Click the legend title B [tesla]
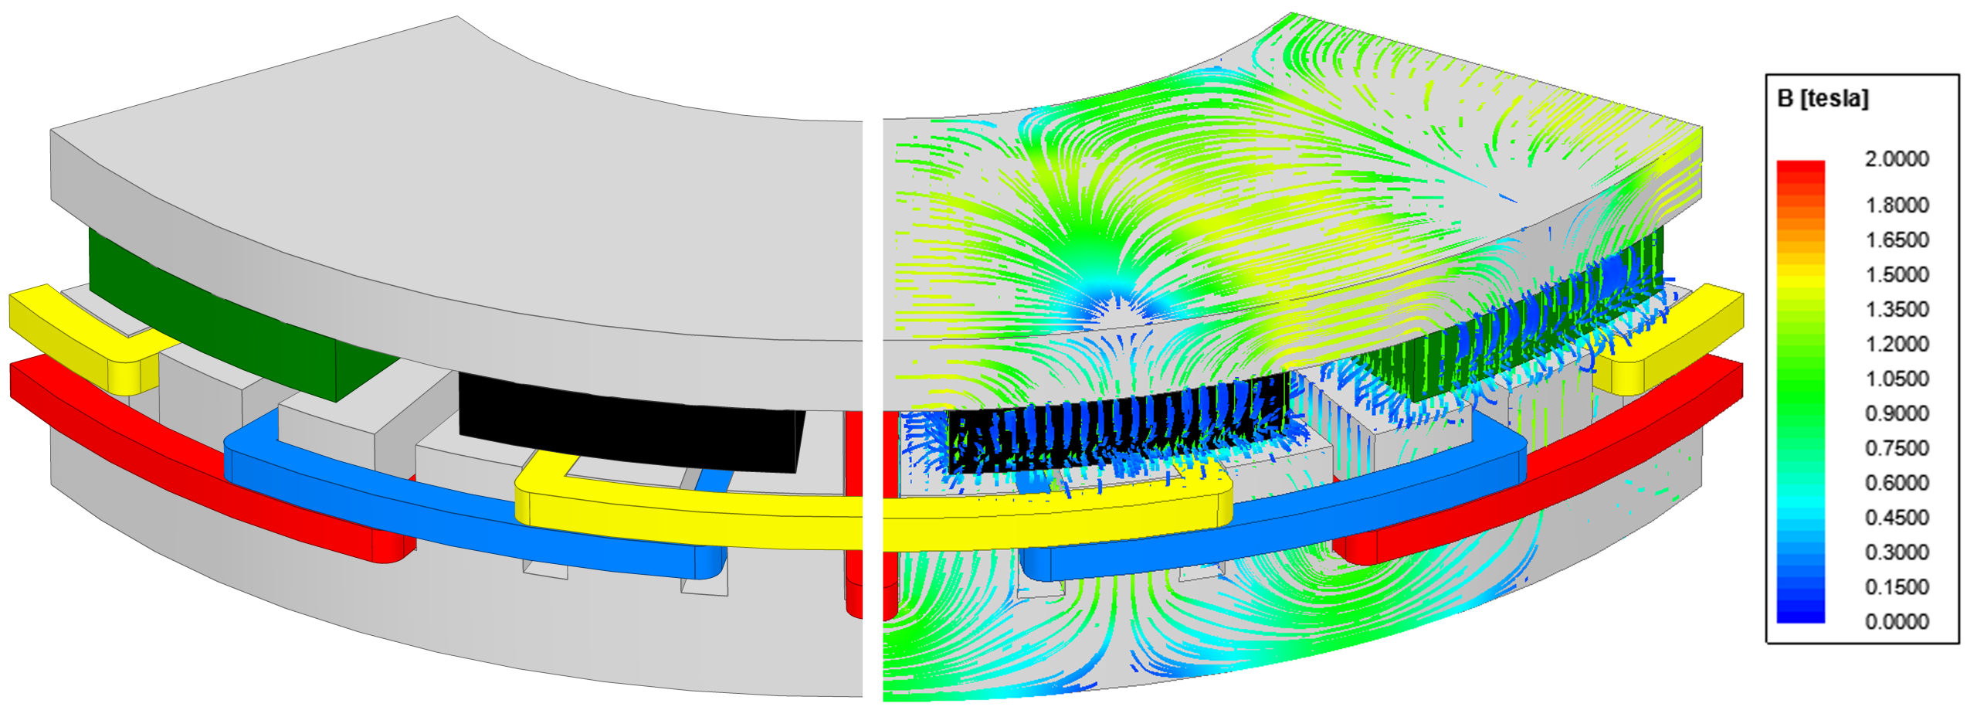(x=1823, y=99)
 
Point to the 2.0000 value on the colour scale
(x=1897, y=159)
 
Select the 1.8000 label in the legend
(x=1897, y=205)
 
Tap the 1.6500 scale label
(x=1897, y=240)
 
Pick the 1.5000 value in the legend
(x=1897, y=274)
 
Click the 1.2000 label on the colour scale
(x=1897, y=344)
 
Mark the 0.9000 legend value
(x=1897, y=413)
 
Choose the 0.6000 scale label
(x=1897, y=483)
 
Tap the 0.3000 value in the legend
(x=1897, y=552)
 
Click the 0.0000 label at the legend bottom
(x=1897, y=622)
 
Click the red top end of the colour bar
(x=1800, y=167)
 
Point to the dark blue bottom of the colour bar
(x=1800, y=617)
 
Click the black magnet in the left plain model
(x=626, y=421)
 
